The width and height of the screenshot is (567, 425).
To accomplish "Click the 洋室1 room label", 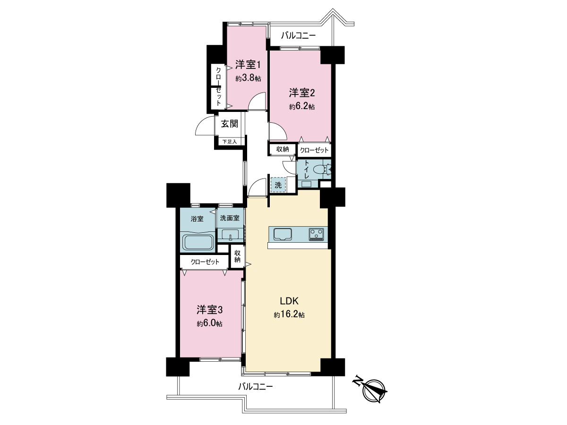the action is [248, 65].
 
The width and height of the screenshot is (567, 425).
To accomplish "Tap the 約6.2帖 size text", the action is [302, 107].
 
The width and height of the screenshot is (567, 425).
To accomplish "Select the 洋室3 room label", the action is [209, 310].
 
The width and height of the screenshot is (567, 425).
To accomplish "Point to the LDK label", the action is [289, 301].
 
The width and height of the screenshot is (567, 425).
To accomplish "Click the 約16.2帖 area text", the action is [289, 315].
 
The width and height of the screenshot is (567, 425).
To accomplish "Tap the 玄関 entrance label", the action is [229, 124].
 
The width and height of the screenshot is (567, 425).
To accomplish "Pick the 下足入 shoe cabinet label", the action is [229, 142].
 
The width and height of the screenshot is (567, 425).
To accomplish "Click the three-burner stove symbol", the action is [316, 234].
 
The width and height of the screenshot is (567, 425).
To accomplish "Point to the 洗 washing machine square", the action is [278, 185].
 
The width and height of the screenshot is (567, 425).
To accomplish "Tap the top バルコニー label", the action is [298, 35].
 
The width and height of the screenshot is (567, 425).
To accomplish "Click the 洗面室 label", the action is [230, 218].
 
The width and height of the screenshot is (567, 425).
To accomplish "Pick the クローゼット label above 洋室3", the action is [205, 262].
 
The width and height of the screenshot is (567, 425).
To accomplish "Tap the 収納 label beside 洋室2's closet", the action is [283, 149].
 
